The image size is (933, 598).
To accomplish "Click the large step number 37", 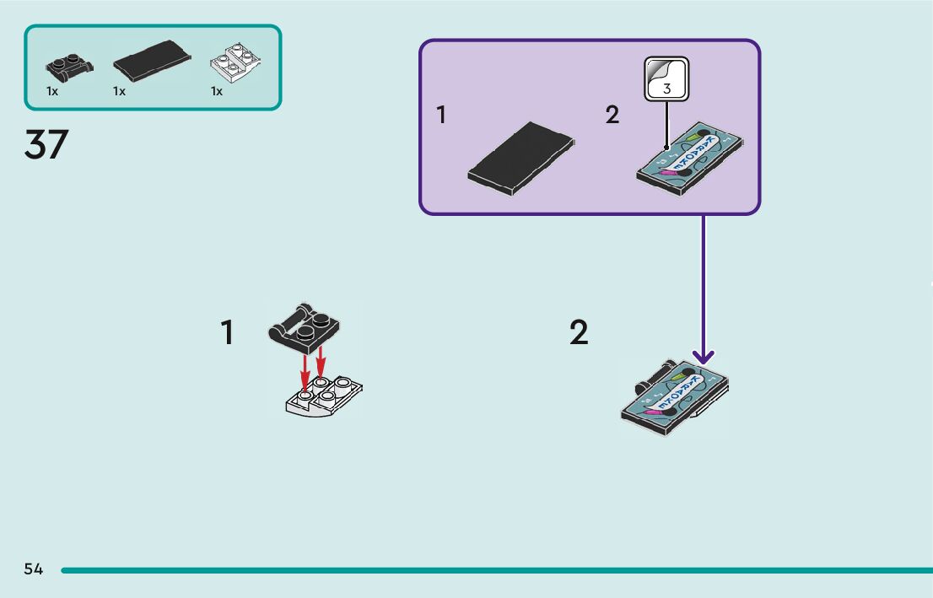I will tap(46, 145).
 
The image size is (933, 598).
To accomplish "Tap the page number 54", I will tap(34, 569).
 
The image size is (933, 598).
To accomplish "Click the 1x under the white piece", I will tap(217, 92).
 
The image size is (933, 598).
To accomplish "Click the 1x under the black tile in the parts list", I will tap(119, 92).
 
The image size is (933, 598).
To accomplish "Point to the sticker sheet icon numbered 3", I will tap(666, 78).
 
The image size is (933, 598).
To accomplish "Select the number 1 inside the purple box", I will tap(441, 115).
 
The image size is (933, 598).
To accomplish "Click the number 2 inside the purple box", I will tap(612, 115).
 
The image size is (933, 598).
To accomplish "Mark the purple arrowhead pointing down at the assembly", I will tap(704, 357).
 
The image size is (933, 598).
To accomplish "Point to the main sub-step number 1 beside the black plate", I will tap(227, 333).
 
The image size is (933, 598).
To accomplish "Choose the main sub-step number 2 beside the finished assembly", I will tap(579, 333).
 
